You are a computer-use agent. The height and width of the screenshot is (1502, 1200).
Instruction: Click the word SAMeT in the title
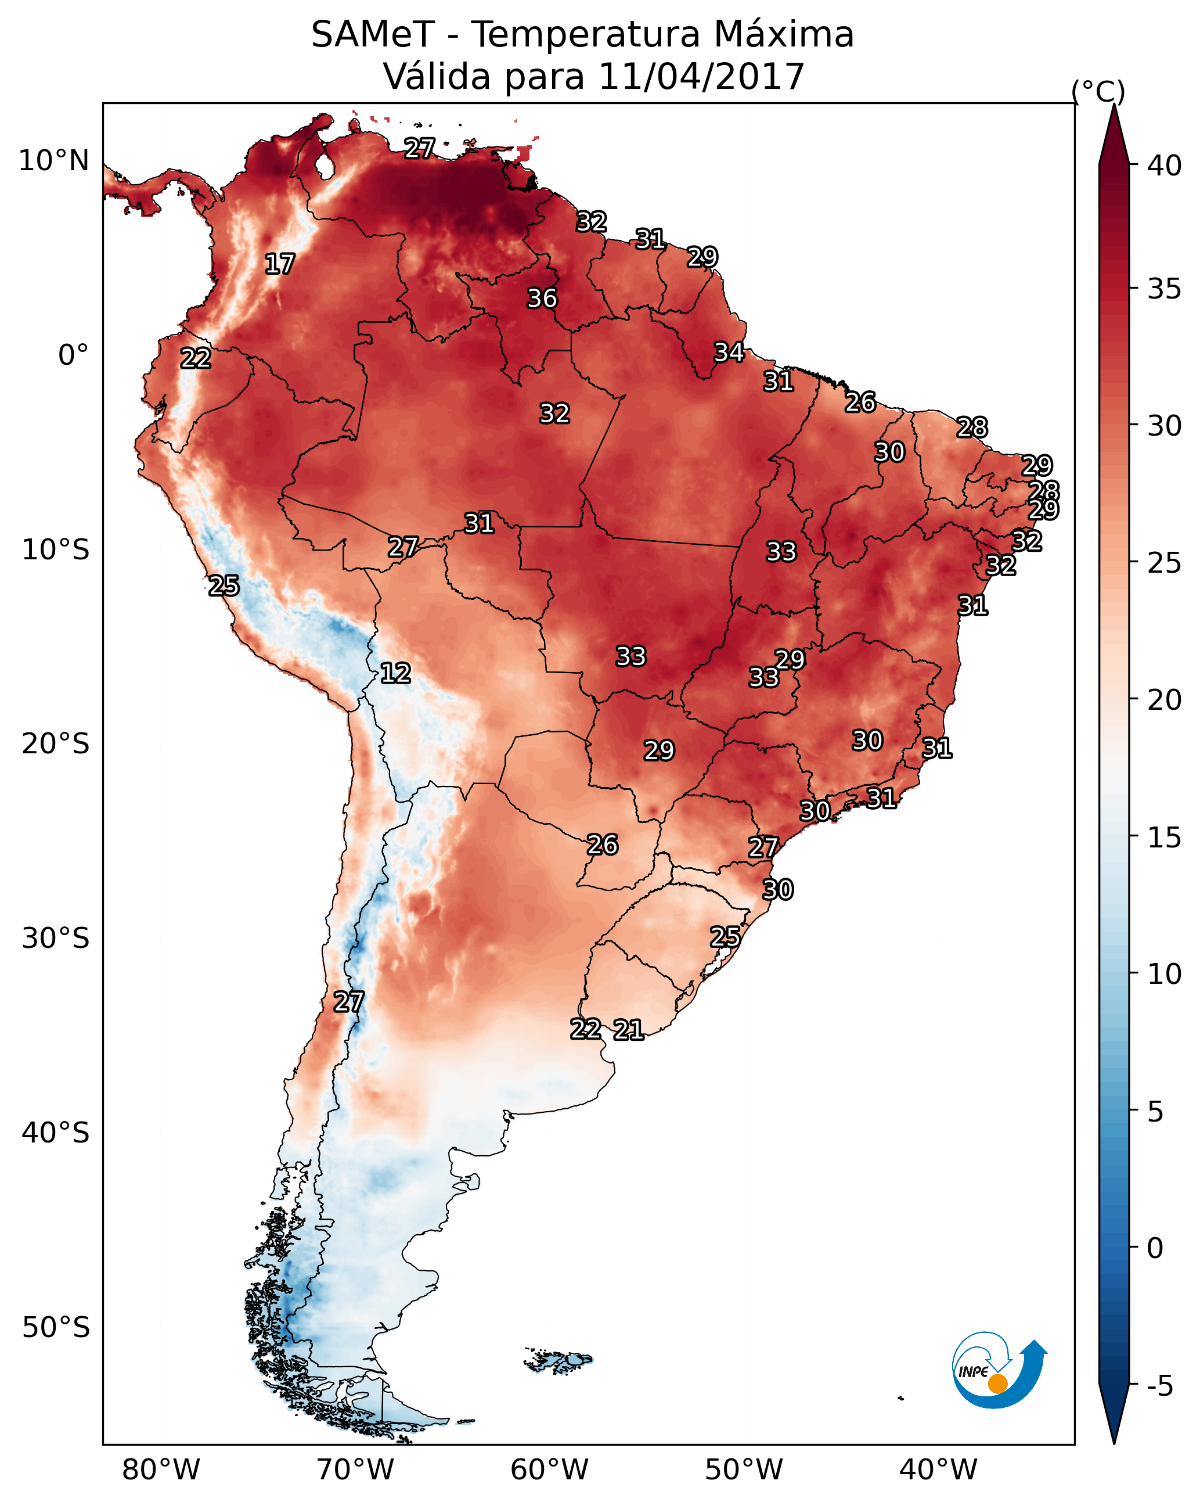coord(373,35)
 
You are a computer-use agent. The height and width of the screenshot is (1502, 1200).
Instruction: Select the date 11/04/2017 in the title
coord(701,77)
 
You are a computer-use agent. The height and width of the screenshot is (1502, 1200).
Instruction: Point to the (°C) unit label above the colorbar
coord(1098,91)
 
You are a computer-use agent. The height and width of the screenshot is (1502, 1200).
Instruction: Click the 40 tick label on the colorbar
coord(1164,166)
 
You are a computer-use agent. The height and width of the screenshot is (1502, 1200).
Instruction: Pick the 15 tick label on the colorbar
coord(1164,838)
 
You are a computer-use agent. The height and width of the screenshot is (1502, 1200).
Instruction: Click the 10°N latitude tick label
coord(53,161)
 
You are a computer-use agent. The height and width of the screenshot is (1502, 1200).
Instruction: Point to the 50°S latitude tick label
coord(56,1328)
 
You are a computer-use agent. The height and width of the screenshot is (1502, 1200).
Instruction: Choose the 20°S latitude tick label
coord(56,744)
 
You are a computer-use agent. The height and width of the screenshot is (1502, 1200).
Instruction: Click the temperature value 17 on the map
coord(280,264)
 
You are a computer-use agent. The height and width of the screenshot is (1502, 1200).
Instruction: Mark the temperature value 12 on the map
coord(395,673)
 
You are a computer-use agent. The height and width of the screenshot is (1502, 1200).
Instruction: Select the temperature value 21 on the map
coord(628,1030)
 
